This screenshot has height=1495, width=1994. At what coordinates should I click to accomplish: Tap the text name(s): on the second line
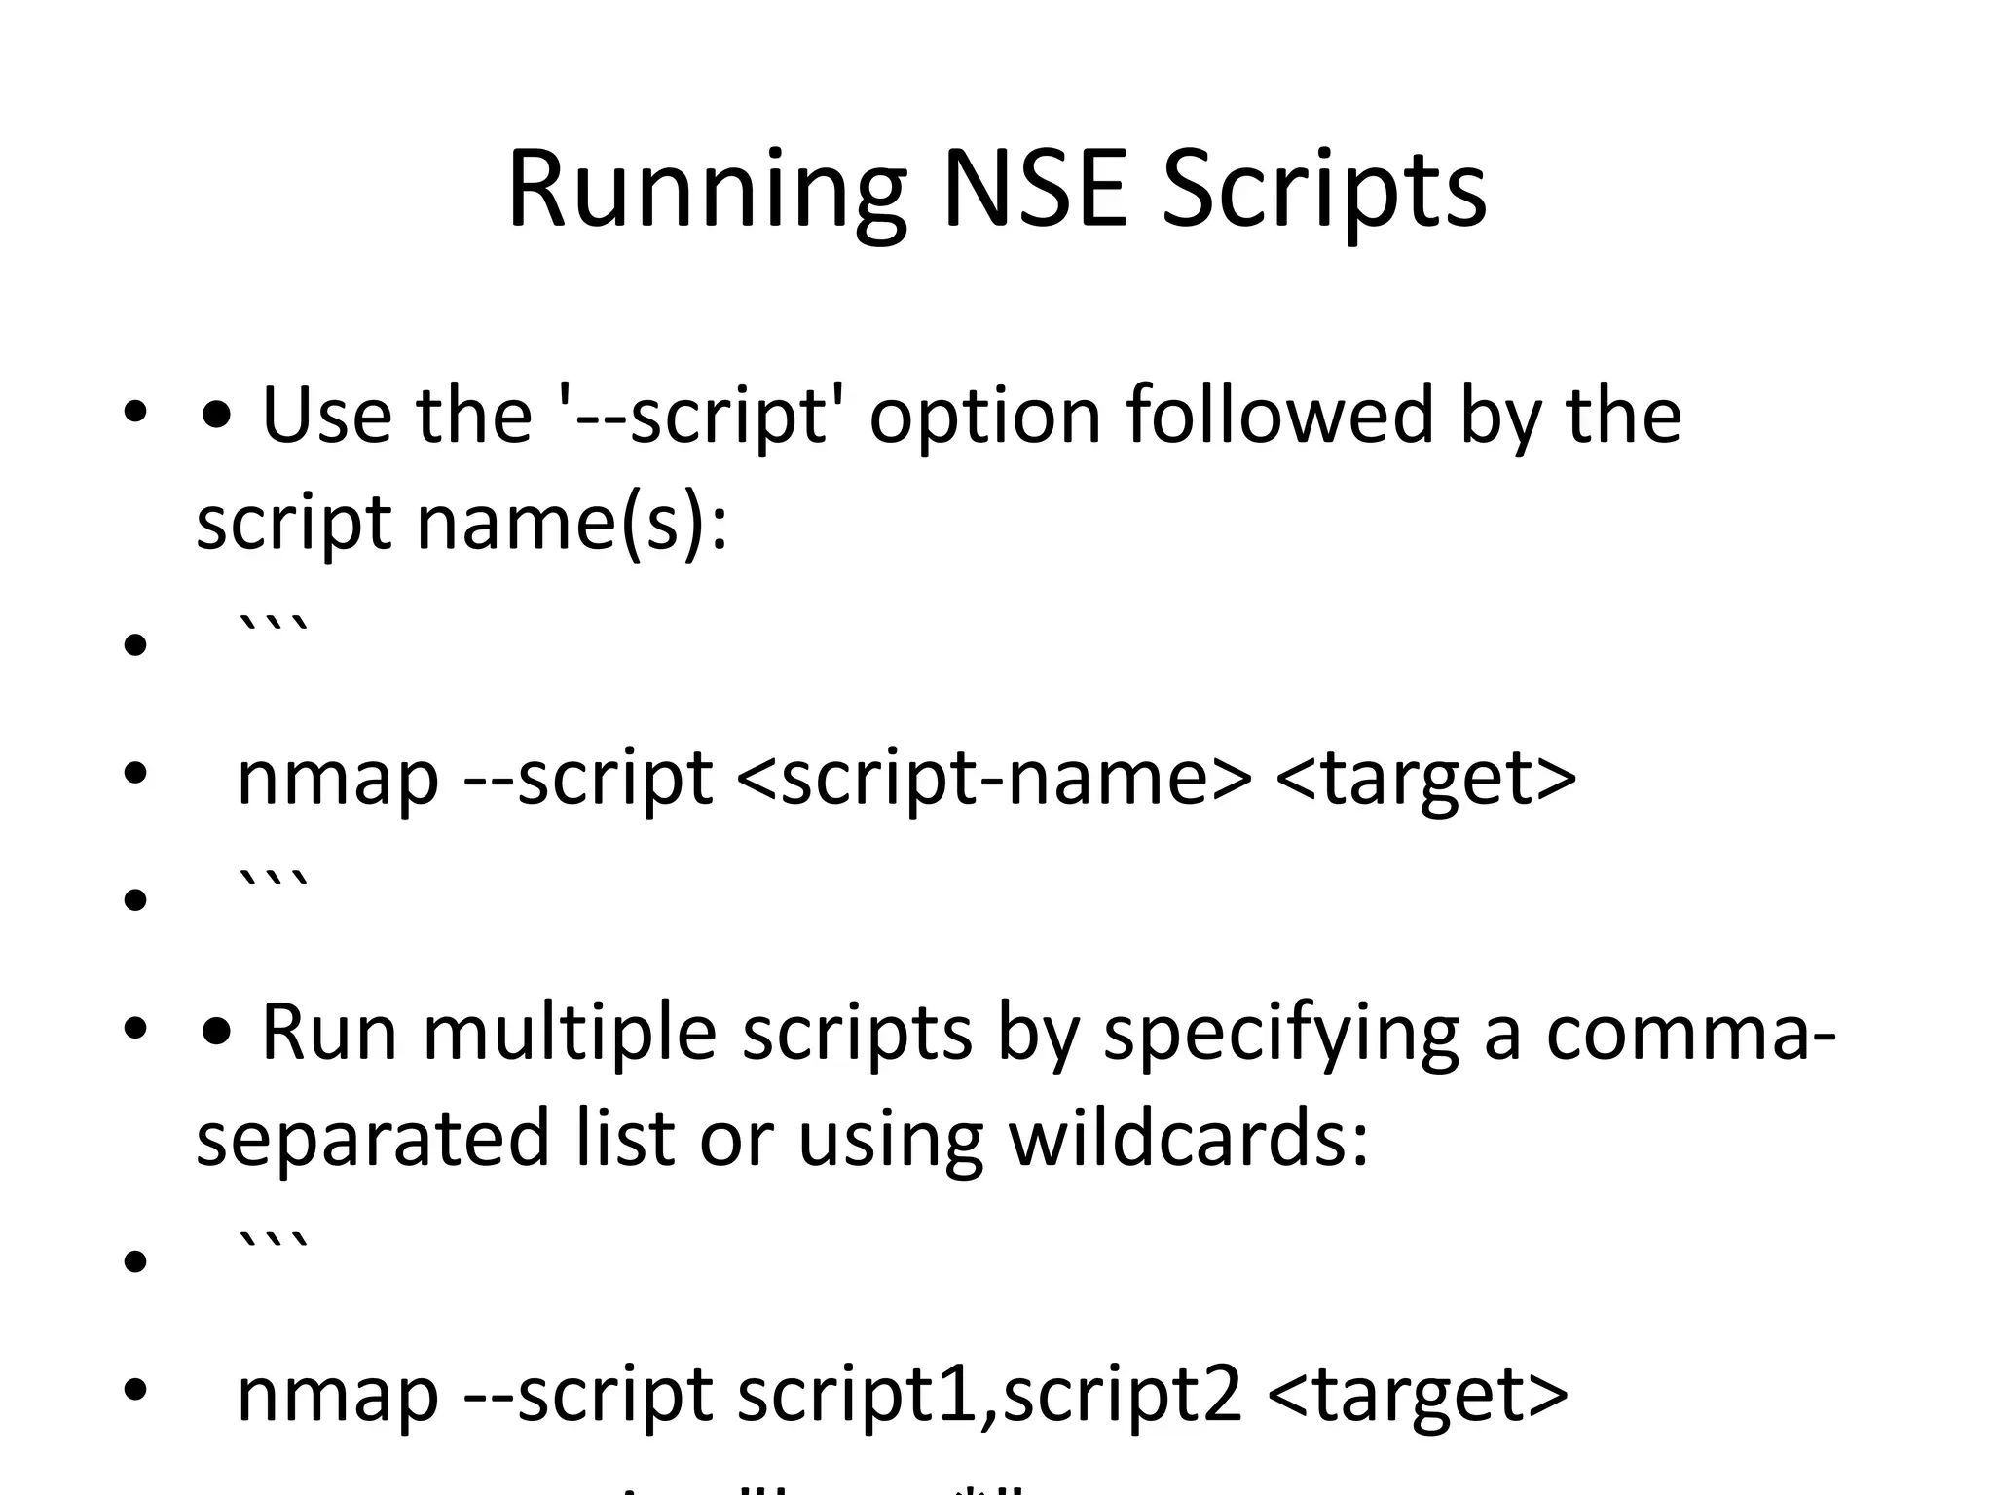[572, 523]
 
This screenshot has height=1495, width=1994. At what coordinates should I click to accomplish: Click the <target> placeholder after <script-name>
[1424, 780]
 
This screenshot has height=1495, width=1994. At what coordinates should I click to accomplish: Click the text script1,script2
[989, 1395]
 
